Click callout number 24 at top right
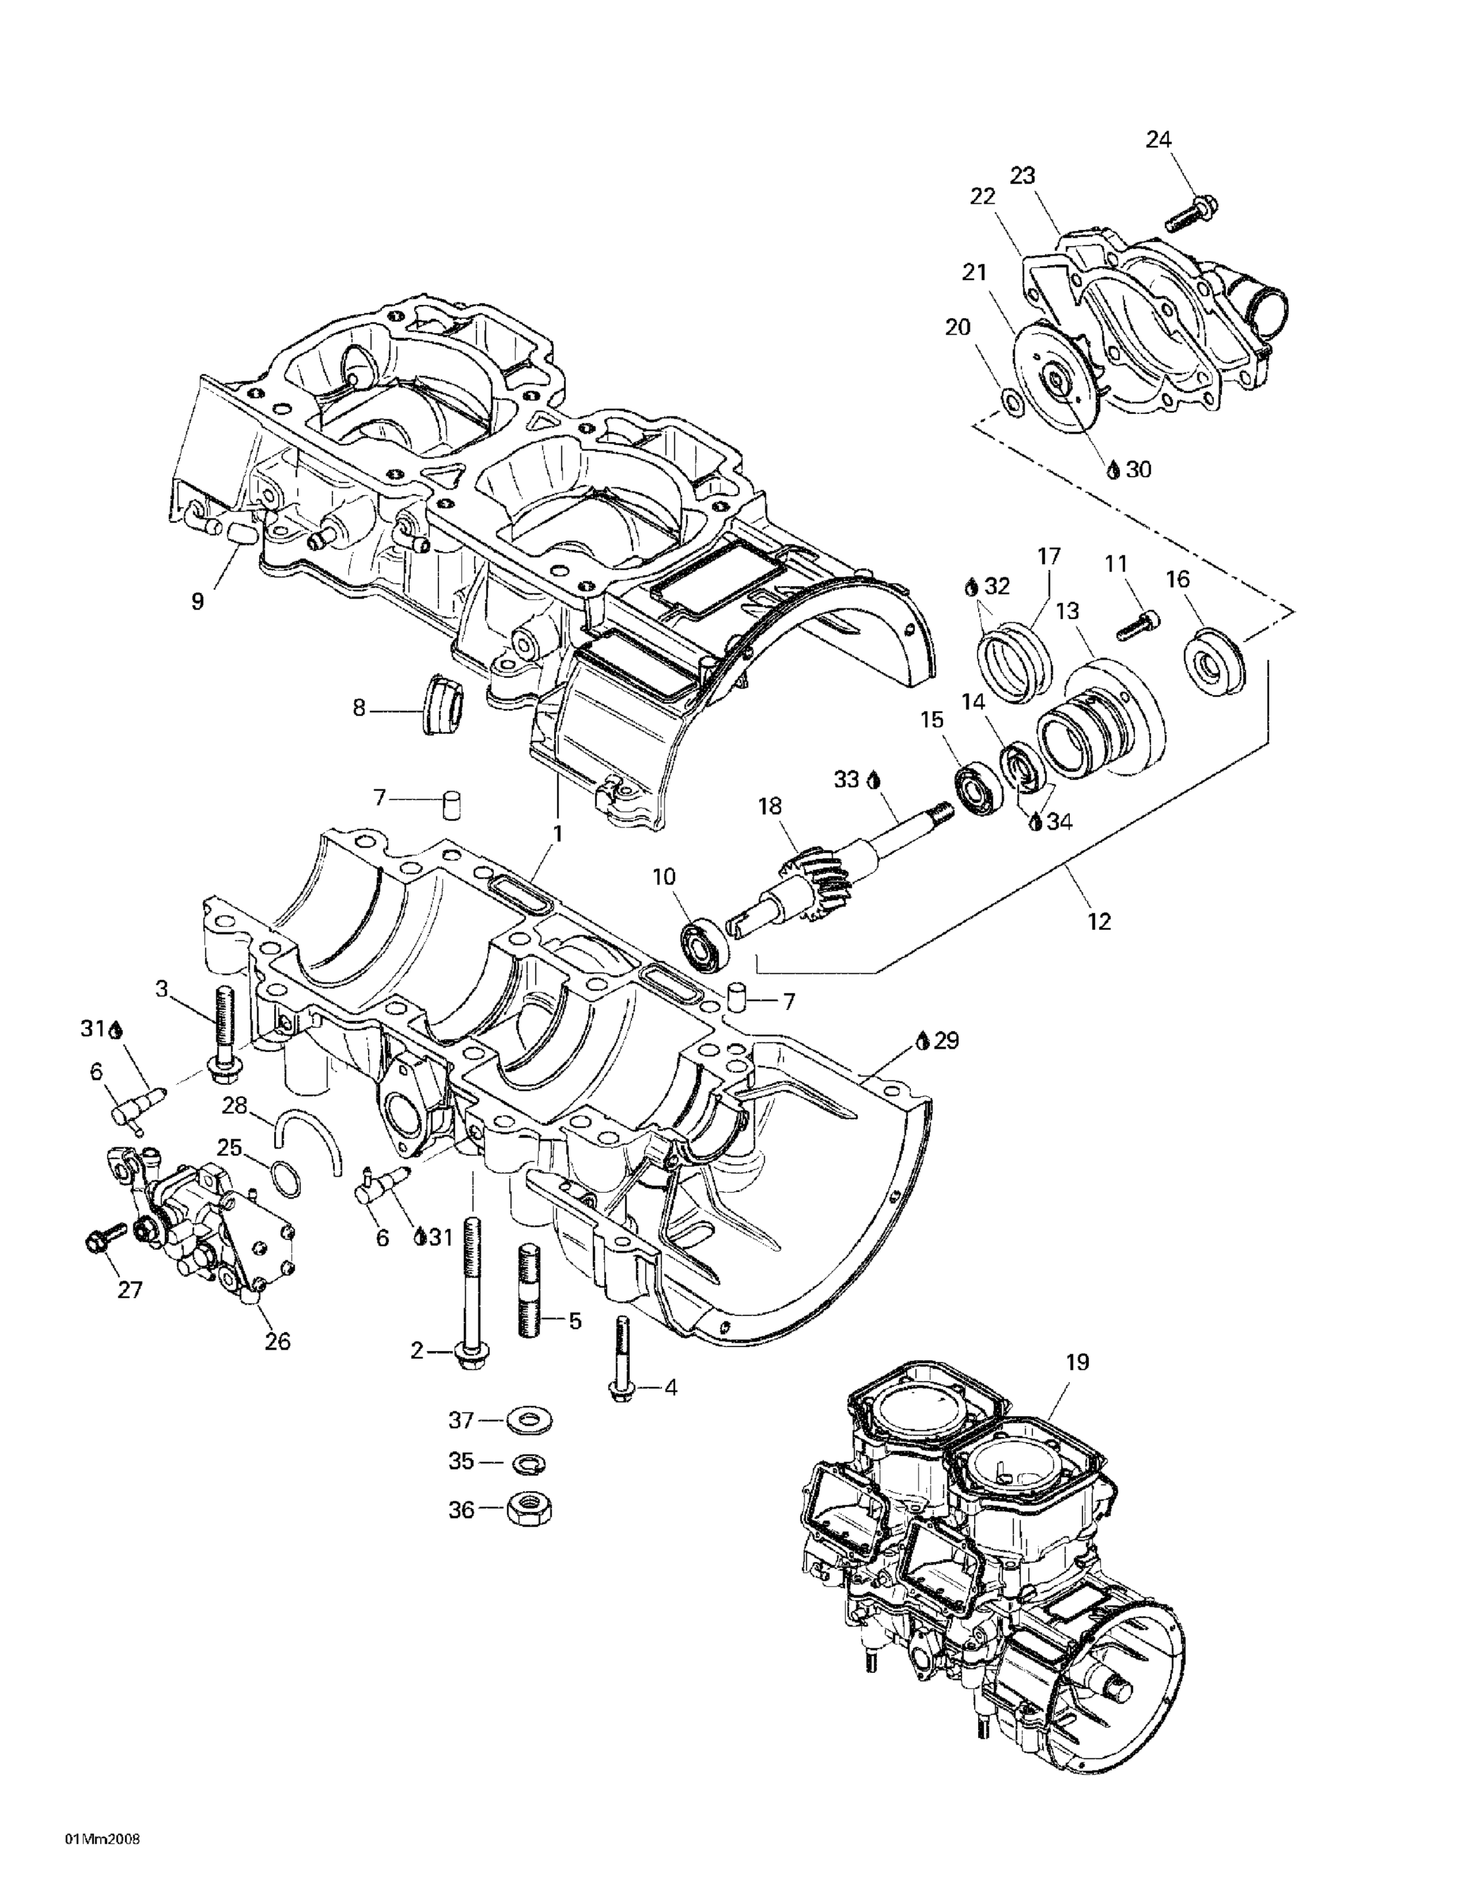point(1159,139)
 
